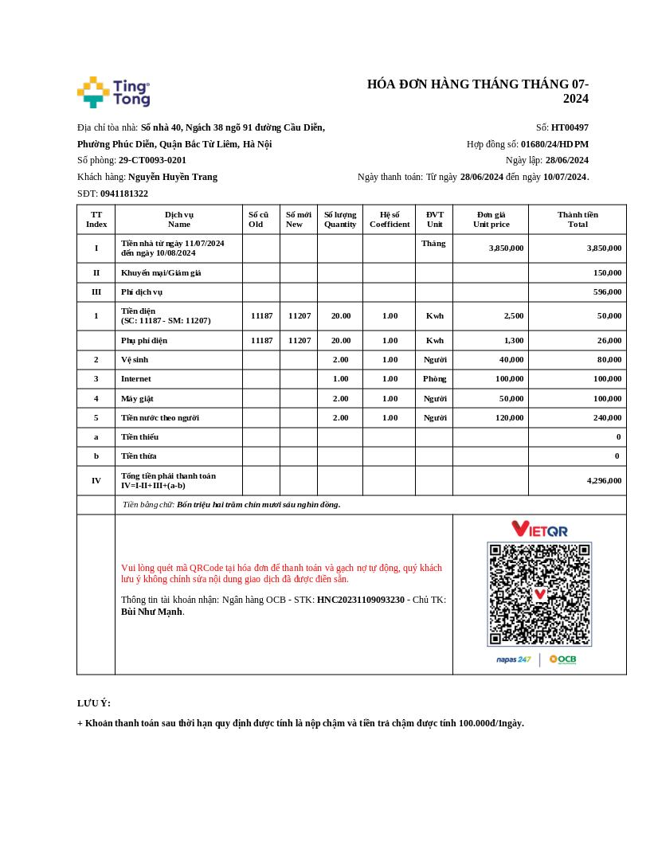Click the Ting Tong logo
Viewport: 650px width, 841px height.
114,92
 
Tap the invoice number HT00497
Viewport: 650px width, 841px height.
570,127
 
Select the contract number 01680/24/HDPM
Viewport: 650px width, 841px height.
554,144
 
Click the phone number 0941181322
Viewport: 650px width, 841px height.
124,194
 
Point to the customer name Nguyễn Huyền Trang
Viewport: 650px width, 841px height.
173,177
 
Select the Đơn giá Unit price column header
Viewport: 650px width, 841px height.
491,219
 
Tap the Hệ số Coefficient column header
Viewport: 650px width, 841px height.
390,219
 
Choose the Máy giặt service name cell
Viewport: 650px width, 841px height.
137,398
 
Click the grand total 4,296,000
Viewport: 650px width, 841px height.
604,480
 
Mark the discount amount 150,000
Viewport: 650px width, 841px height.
607,272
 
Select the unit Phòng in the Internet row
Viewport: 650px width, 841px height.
434,379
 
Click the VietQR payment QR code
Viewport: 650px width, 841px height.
539,594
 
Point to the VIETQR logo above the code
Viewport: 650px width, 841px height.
539,529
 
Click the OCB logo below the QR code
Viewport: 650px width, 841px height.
562,659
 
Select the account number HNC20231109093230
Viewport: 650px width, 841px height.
361,600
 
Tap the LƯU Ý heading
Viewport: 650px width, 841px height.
94,703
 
